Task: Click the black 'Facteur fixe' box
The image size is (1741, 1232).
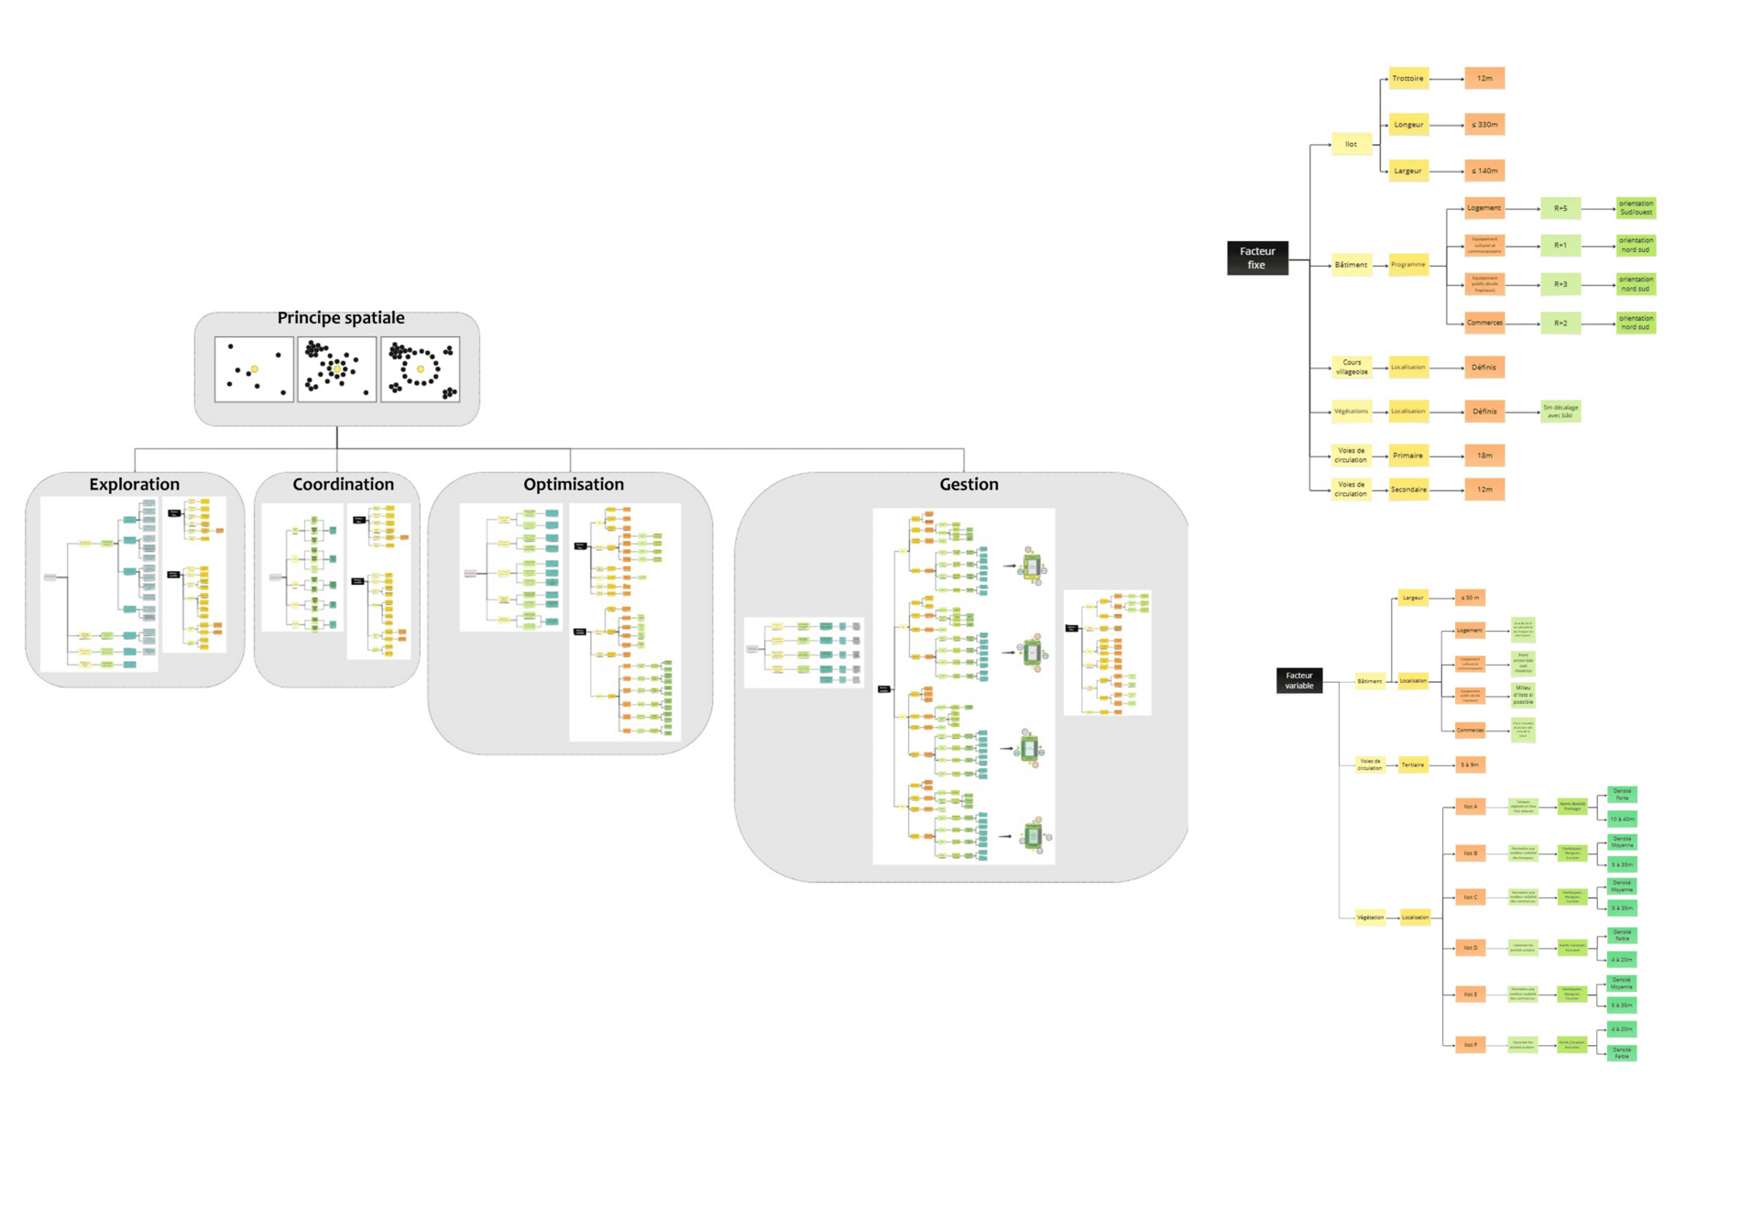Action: pyautogui.click(x=1256, y=258)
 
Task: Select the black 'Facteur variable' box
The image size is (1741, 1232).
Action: pyautogui.click(x=1298, y=680)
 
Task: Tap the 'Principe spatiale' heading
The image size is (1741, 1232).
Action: pyautogui.click(x=341, y=318)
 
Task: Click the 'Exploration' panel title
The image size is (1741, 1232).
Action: pyautogui.click(x=134, y=484)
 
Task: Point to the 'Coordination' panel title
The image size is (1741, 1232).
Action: pyautogui.click(x=343, y=484)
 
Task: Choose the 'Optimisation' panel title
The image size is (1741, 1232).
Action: pyautogui.click(x=573, y=484)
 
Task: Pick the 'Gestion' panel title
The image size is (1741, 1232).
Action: pyautogui.click(x=969, y=484)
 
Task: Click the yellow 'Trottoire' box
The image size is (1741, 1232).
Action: pyautogui.click(x=1407, y=79)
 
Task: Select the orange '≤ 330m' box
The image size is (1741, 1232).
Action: pyautogui.click(x=1484, y=125)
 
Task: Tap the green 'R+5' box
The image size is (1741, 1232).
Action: pyautogui.click(x=1560, y=209)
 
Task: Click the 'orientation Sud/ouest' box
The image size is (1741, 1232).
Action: pyautogui.click(x=1635, y=208)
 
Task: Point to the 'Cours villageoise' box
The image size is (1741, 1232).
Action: pyautogui.click(x=1351, y=367)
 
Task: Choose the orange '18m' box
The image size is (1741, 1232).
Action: pyautogui.click(x=1484, y=456)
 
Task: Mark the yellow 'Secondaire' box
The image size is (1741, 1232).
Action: pyautogui.click(x=1407, y=489)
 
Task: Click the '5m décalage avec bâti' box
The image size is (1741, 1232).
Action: pyautogui.click(x=1560, y=412)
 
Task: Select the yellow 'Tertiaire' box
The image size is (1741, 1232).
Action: pyautogui.click(x=1412, y=764)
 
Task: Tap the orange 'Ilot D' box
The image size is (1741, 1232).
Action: pyautogui.click(x=1470, y=947)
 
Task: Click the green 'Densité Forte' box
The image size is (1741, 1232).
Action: pyautogui.click(x=1622, y=795)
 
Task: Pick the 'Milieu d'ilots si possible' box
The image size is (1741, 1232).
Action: pyautogui.click(x=1522, y=695)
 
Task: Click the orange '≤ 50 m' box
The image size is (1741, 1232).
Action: pyautogui.click(x=1470, y=598)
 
